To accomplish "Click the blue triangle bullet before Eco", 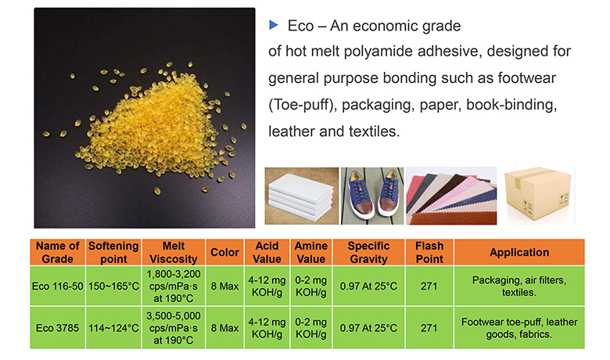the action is (x=274, y=25).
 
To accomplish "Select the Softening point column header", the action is (x=113, y=252).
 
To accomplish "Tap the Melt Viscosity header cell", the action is (x=174, y=252).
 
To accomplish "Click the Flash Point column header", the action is (x=429, y=252).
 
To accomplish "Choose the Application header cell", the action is (x=519, y=252).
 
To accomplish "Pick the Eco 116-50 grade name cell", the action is (x=58, y=286).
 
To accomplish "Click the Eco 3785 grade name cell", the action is (x=58, y=328).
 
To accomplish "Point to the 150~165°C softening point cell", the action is (x=113, y=286).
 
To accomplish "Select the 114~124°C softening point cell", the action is (x=113, y=328).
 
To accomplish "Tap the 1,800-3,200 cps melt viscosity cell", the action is (x=174, y=286).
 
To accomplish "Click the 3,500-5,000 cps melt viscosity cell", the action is (x=174, y=328).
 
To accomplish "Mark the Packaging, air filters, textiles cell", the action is (x=519, y=286).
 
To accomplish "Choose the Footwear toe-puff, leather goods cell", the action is (x=519, y=328).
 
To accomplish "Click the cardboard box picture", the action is (x=538, y=196).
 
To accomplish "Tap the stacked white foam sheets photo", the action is (x=302, y=196).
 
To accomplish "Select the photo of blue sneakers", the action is (x=372, y=196).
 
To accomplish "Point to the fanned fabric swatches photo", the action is (x=451, y=196).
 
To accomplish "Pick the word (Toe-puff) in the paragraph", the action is (x=301, y=105).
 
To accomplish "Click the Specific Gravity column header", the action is (x=368, y=252).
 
